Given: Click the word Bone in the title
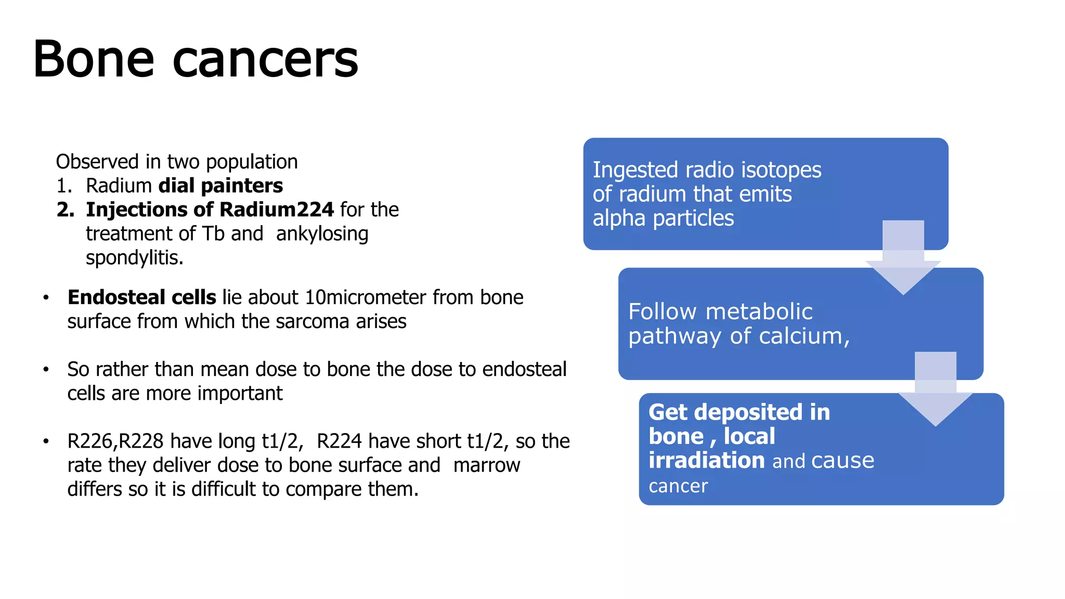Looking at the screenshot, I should pyautogui.click(x=94, y=59).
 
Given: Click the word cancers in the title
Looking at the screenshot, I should pyautogui.click(x=265, y=61).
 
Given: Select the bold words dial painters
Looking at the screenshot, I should pyautogui.click(x=220, y=186).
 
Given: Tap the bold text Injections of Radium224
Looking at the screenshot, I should pyautogui.click(x=210, y=210).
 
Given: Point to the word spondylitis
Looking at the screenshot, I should pyautogui.click(x=134, y=258).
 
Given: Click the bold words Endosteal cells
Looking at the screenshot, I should pyautogui.click(x=141, y=297).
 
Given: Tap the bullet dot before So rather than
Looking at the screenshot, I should pyautogui.click(x=46, y=370).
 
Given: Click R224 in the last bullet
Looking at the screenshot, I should pyautogui.click(x=339, y=441).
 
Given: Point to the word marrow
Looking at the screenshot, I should pyautogui.click(x=486, y=465).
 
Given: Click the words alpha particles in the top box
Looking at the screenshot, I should pyautogui.click(x=663, y=218).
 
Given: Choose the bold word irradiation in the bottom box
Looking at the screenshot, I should pyautogui.click(x=706, y=461).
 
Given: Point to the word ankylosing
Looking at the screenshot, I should pyautogui.click(x=322, y=234).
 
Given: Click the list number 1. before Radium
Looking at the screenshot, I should pyautogui.click(x=64, y=186).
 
